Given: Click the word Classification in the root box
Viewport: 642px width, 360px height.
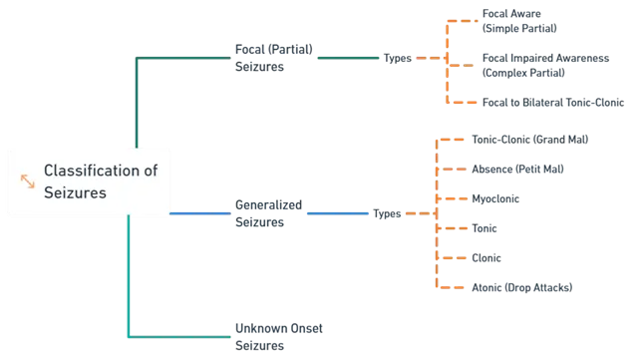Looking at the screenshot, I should pyautogui.click(x=100, y=171).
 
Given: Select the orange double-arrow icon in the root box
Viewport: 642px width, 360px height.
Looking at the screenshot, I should pyautogui.click(x=27, y=180).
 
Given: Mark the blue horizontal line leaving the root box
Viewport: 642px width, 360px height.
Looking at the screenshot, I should pyautogui.click(x=199, y=212).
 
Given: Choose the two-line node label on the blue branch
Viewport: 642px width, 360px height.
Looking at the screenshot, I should pyautogui.click(x=267, y=212).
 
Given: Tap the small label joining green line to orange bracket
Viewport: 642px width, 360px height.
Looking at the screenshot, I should pyautogui.click(x=398, y=59).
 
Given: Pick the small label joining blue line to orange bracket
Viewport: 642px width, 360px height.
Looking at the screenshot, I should pyautogui.click(x=386, y=212).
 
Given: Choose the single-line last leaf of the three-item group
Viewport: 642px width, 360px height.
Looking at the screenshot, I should pyautogui.click(x=552, y=102).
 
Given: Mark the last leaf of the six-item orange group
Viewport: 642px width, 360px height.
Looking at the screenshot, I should pyautogui.click(x=521, y=286).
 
